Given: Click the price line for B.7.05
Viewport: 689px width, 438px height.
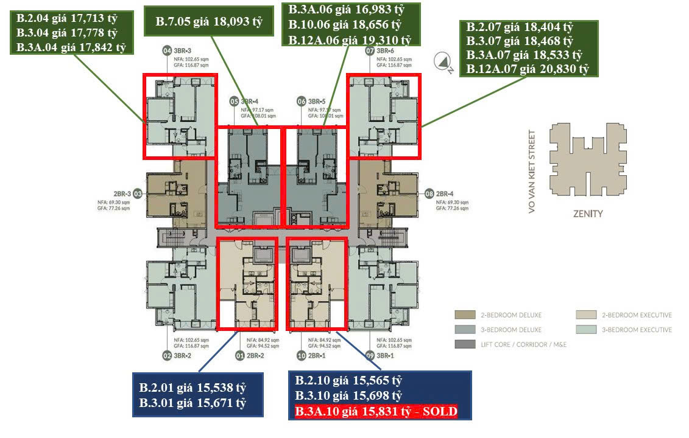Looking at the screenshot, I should coord(208,23).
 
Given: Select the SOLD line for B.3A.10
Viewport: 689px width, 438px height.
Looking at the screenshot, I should coord(375,412).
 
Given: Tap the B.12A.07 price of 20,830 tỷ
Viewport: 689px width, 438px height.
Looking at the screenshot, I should coord(528,69).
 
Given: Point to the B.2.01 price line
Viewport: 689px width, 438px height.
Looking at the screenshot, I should coord(193,388).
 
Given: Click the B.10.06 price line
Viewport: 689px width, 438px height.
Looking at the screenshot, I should coord(345,25).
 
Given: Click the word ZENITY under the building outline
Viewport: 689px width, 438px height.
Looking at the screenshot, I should coord(587,214).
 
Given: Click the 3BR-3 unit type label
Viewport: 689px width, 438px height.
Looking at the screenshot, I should coord(182,50).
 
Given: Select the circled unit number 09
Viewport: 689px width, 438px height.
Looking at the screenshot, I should coord(369,355).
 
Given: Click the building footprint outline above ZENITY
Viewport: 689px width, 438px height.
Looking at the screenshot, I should coord(587,161).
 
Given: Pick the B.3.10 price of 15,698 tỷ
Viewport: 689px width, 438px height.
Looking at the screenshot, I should coord(349,396).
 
